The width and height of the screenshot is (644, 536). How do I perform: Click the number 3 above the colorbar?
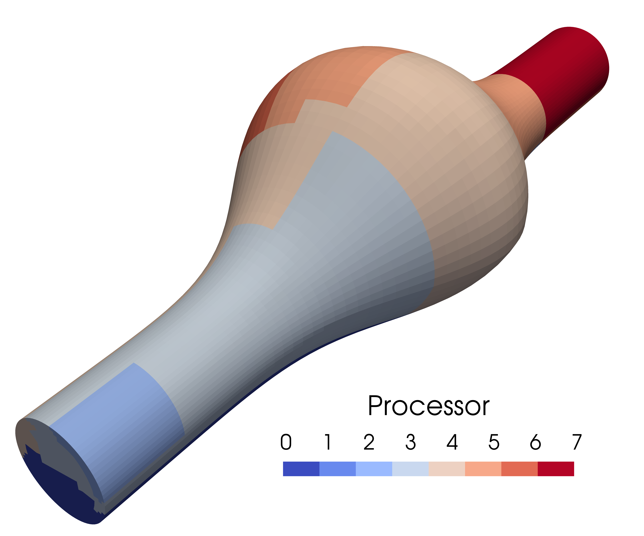click(x=411, y=442)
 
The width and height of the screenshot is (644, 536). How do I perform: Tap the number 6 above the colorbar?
click(x=535, y=442)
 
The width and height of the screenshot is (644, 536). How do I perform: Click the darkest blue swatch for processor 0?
click(x=301, y=469)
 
